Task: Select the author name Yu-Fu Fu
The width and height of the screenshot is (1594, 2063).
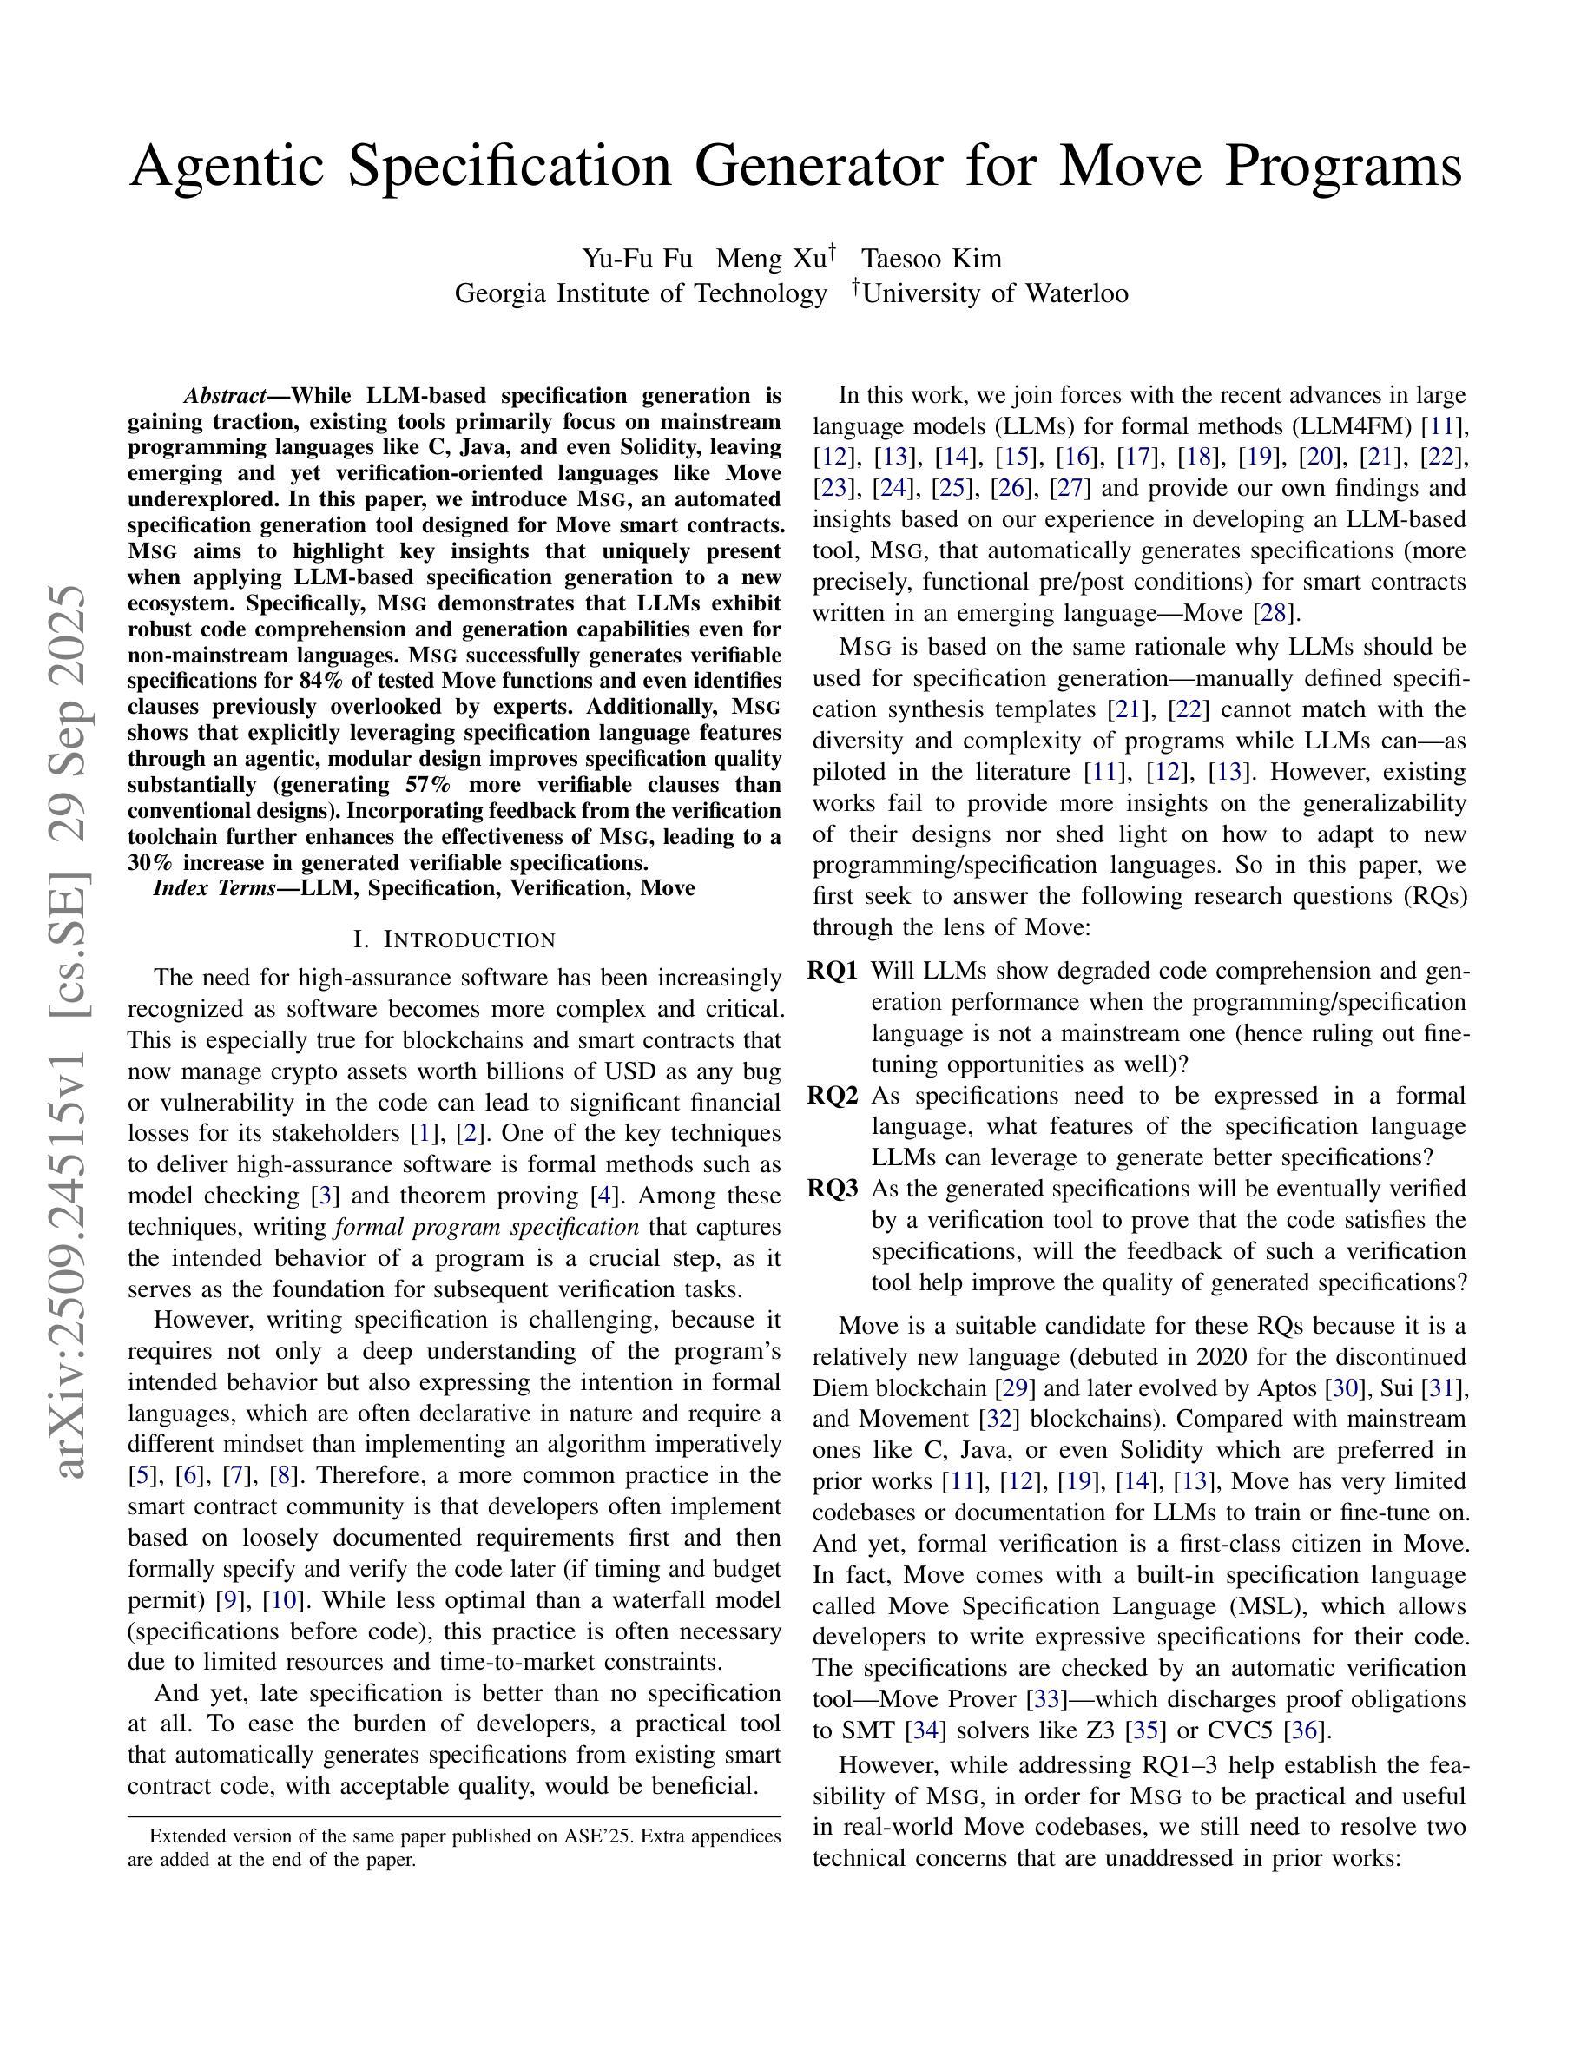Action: coord(636,259)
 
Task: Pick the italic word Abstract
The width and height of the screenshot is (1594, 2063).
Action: coord(224,395)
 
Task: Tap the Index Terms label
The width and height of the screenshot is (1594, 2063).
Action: coord(214,888)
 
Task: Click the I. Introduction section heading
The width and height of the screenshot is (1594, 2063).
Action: coord(454,939)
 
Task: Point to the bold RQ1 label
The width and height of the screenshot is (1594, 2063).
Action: coord(833,971)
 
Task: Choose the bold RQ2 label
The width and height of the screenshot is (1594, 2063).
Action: coord(833,1096)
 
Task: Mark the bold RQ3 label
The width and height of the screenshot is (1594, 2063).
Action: coord(833,1189)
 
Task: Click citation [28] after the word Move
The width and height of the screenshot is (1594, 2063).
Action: coord(1272,613)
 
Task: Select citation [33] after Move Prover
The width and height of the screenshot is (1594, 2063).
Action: coord(1046,1699)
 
